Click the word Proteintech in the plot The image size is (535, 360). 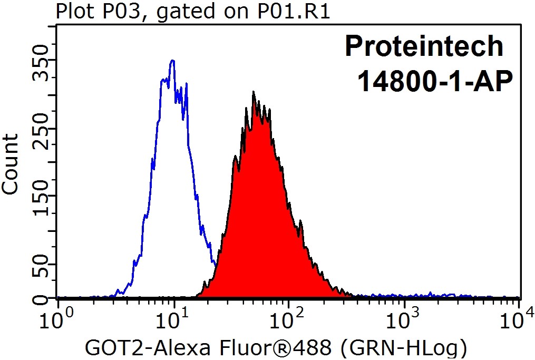424,46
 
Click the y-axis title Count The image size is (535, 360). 11,164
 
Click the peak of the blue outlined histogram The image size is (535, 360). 172,61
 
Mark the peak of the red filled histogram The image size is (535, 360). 254,92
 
